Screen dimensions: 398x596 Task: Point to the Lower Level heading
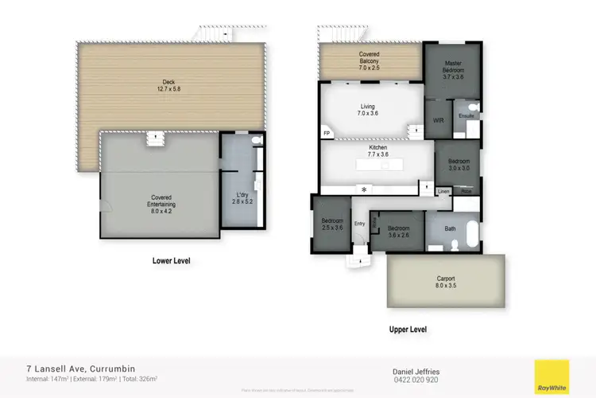tap(171, 260)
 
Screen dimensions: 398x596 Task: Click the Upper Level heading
tap(408, 328)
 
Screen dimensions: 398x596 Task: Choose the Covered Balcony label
tap(371, 58)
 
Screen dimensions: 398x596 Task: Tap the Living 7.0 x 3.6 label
tap(367, 111)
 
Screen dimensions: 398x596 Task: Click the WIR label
tap(438, 120)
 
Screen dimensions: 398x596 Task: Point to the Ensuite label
tap(466, 116)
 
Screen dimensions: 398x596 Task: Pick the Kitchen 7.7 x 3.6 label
tap(377, 151)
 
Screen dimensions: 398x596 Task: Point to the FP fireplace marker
tap(326, 133)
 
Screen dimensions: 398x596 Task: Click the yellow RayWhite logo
tap(551, 376)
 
